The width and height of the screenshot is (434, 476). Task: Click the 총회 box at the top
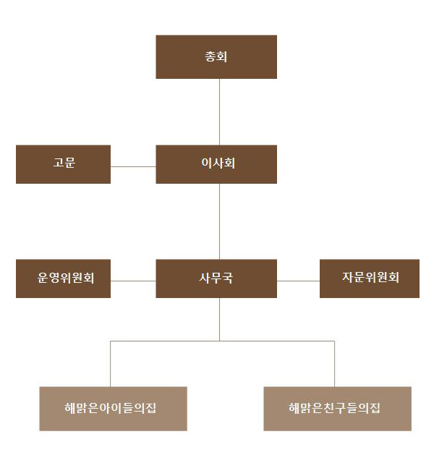[x=216, y=56]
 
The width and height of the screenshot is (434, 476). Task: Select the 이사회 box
[x=216, y=164]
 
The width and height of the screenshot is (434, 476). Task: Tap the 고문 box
[x=63, y=164]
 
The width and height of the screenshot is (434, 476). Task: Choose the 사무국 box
[x=216, y=279]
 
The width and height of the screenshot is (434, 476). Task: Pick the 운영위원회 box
[x=63, y=279]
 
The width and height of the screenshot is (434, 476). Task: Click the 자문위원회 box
[x=370, y=279]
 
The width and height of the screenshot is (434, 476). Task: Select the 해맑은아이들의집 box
[x=113, y=409]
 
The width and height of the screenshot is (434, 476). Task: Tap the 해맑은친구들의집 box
[x=337, y=409]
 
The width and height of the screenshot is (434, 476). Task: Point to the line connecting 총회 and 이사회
[x=219, y=111]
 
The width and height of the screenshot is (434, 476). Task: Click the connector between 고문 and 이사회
[x=133, y=166]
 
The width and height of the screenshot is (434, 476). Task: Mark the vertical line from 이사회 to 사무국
[x=219, y=221]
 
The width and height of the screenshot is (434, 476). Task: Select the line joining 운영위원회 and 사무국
[x=133, y=280]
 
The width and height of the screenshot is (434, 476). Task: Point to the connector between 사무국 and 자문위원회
[x=298, y=280]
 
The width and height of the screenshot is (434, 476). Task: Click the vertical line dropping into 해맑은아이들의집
[x=110, y=364]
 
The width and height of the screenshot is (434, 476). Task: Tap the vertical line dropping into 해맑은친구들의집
[x=334, y=364]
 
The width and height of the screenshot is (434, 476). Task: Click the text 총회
[x=216, y=56]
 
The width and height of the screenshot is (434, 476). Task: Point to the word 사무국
[x=216, y=278]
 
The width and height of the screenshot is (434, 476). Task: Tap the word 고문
[x=64, y=163]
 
